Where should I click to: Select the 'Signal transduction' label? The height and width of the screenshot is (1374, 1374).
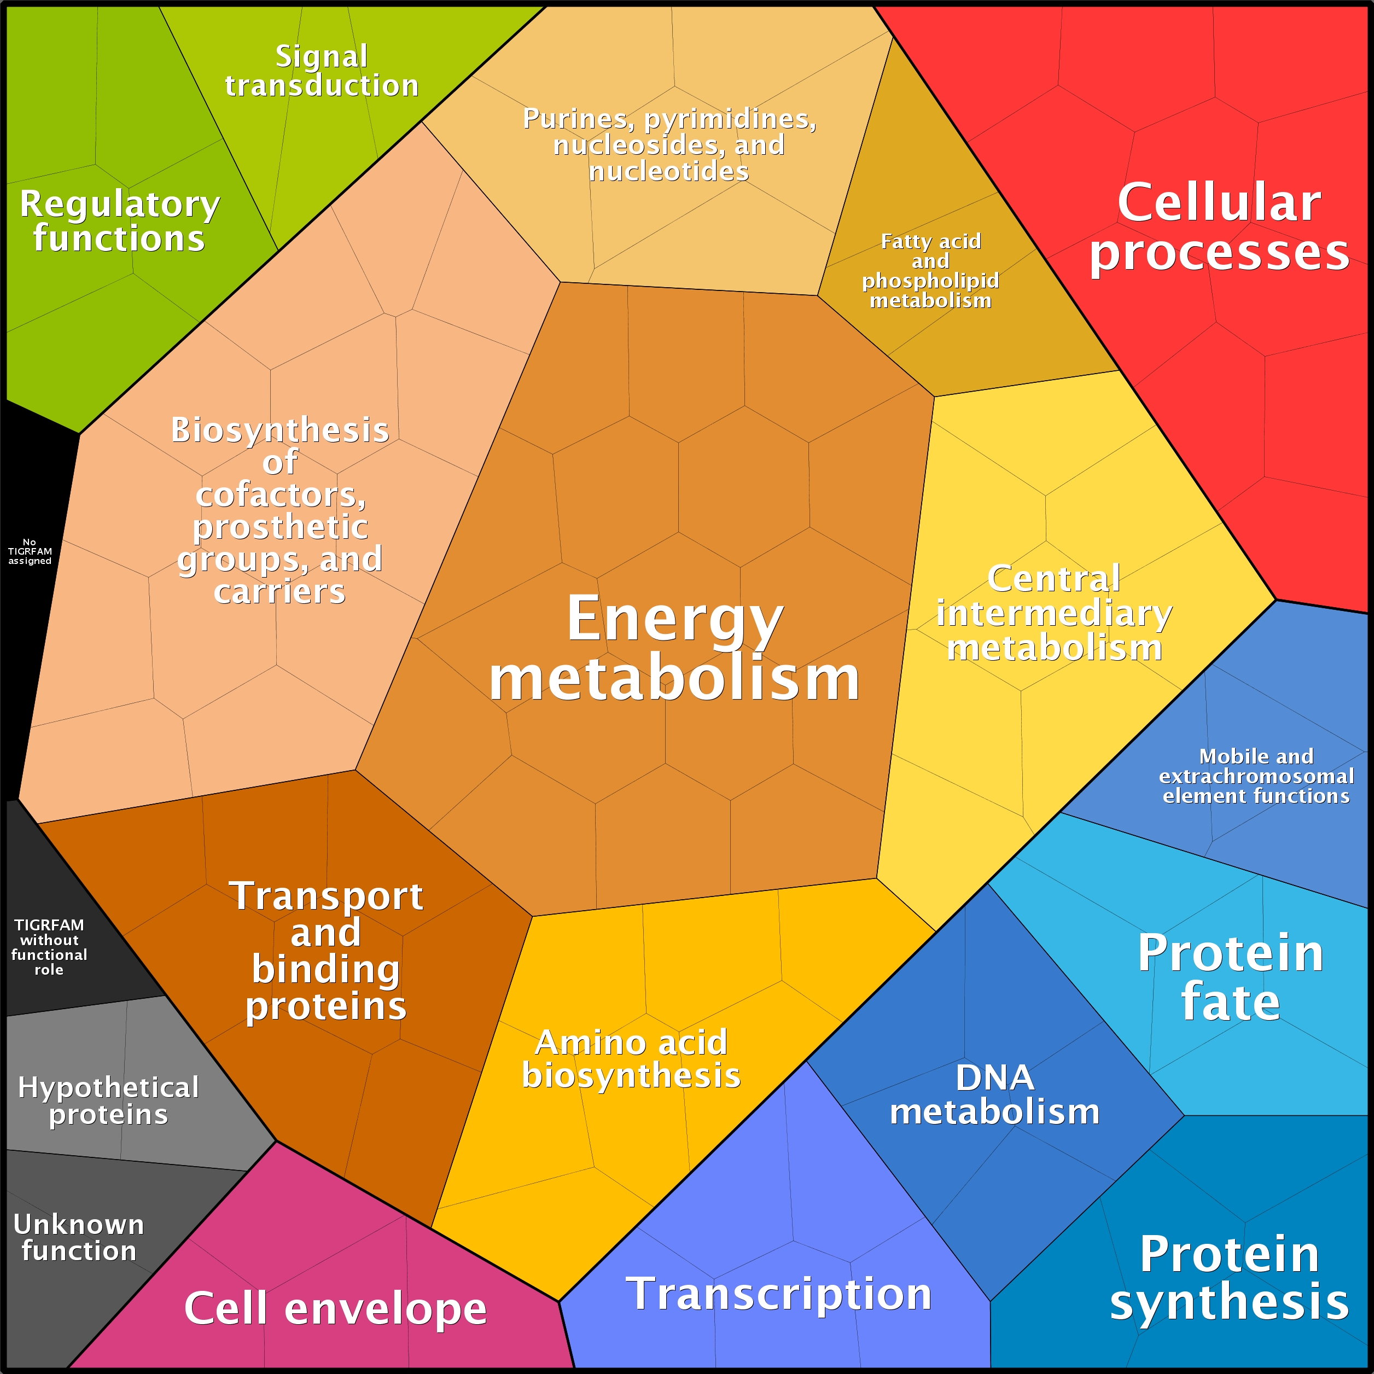322,71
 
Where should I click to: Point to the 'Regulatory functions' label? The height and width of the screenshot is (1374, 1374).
119,220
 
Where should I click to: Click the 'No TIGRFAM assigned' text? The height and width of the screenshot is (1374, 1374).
30,551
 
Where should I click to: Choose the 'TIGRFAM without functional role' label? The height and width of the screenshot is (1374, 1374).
49,947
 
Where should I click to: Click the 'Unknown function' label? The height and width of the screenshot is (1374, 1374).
79,1237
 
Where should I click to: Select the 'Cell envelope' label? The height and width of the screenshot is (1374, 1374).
335,1308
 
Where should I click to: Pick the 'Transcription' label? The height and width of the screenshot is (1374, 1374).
779,1293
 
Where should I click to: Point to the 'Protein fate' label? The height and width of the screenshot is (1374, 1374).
1230,976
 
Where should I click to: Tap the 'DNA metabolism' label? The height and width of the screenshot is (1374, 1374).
994,1094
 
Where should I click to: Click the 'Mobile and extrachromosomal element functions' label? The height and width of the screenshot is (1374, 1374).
1256,776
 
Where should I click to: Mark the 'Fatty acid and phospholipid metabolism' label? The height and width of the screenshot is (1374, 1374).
930,270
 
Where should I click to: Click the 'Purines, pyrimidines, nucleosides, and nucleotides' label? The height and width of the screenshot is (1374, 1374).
669,144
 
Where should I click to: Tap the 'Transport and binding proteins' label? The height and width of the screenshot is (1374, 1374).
325,950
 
